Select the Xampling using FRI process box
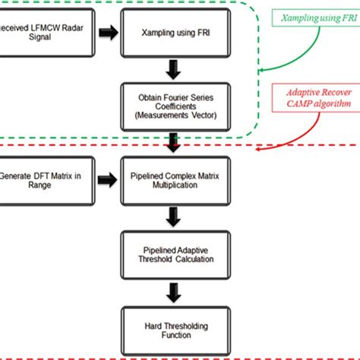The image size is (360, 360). [175, 34]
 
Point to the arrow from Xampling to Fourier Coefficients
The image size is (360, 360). [175, 69]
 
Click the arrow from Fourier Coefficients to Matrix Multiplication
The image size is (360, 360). [175, 141]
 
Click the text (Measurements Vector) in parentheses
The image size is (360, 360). [175, 115]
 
